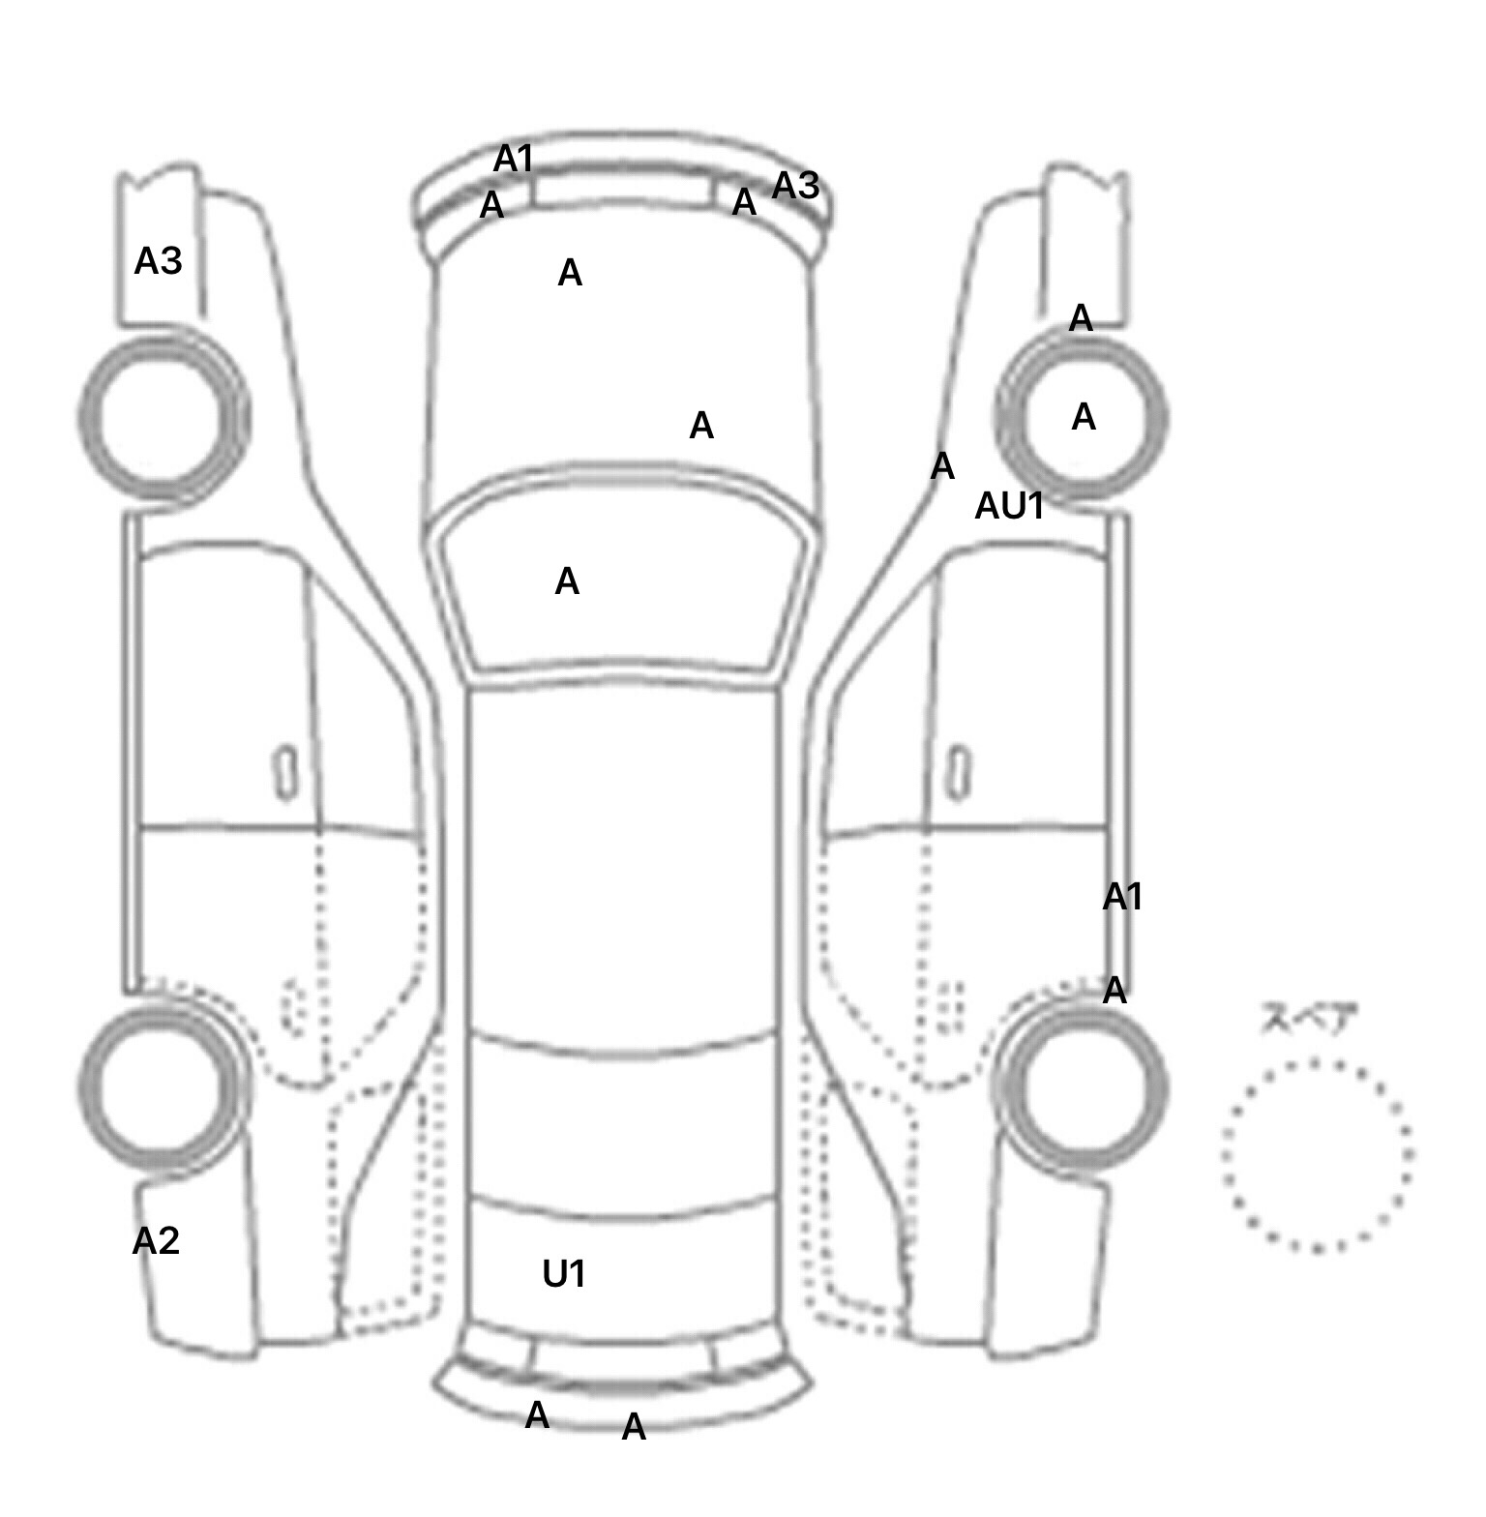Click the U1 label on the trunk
[564, 1274]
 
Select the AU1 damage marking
[1009, 506]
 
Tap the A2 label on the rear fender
[156, 1240]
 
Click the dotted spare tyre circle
[1317, 1155]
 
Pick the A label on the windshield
[567, 581]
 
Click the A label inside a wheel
[1084, 417]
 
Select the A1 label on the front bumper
[514, 159]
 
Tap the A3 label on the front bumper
[795, 185]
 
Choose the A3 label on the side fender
[158, 261]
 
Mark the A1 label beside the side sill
[1122, 897]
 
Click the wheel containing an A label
[1083, 418]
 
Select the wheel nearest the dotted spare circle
[1083, 1086]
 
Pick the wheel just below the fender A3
[163, 416]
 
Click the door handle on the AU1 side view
[958, 772]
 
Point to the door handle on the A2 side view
[286, 772]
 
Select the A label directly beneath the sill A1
[1114, 990]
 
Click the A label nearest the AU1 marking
[942, 466]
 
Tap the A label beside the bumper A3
[743, 202]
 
